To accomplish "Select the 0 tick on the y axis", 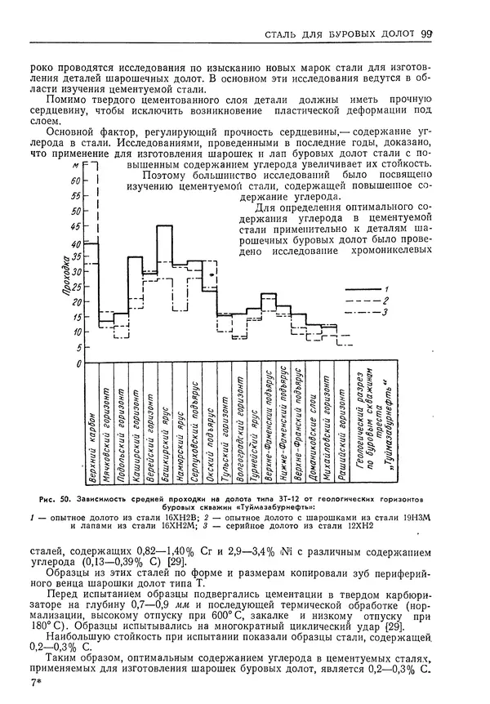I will coord(78,362).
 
